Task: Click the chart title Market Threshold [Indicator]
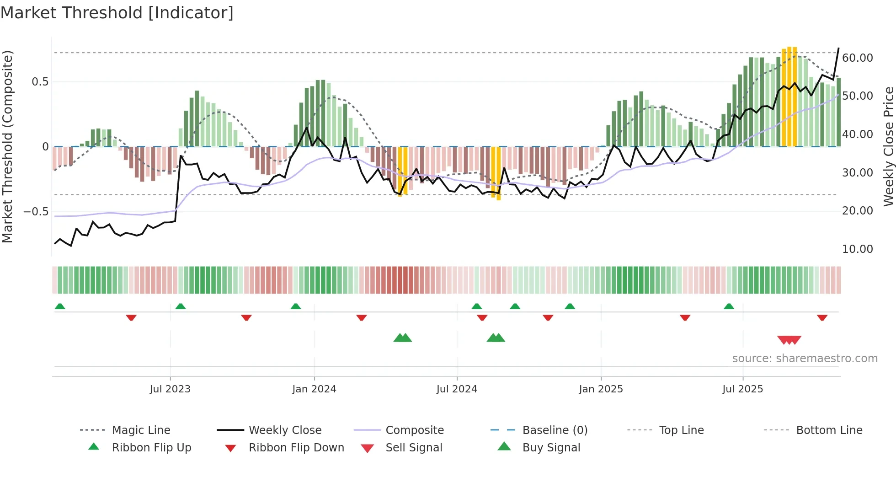pyautogui.click(x=117, y=13)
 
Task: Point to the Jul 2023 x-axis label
pyautogui.click(x=170, y=389)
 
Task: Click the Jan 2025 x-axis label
pyautogui.click(x=601, y=389)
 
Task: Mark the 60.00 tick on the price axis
pyautogui.click(x=858, y=58)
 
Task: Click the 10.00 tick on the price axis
pyautogui.click(x=858, y=249)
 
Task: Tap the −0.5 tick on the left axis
pyautogui.click(x=36, y=212)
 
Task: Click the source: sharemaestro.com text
pyautogui.click(x=805, y=359)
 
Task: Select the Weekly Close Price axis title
pyautogui.click(x=888, y=146)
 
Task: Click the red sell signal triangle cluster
pyautogui.click(x=789, y=340)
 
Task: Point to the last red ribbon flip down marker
pyautogui.click(x=822, y=317)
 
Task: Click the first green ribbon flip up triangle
pyautogui.click(x=60, y=306)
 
